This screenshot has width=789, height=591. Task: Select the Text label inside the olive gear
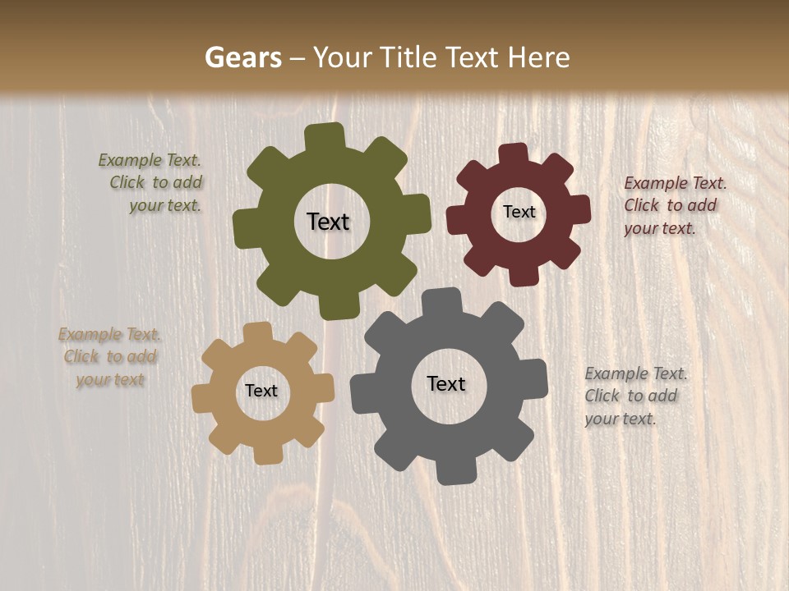click(328, 222)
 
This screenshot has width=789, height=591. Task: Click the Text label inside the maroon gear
click(519, 212)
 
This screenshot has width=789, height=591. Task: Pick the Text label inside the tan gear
click(261, 391)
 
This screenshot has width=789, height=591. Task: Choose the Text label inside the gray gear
click(446, 383)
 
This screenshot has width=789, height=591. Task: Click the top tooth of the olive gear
click(325, 136)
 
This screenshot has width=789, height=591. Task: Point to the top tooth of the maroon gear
click(514, 154)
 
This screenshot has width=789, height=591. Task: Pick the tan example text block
click(110, 357)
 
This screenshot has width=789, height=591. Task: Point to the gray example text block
click(634, 396)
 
